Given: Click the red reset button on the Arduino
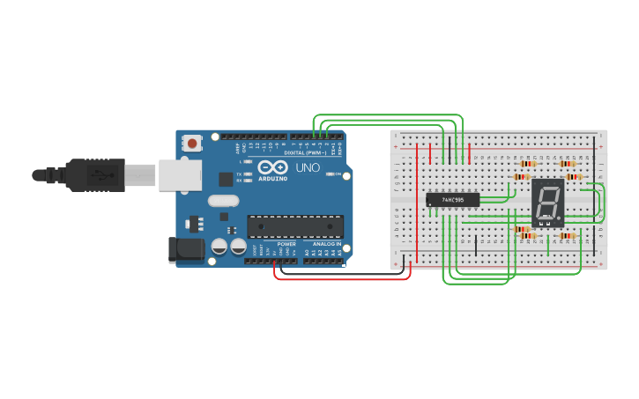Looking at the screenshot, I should click(191, 141).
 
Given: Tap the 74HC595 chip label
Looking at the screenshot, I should click(452, 200).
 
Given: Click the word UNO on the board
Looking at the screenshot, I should click(307, 167).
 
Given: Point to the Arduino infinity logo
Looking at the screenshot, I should click(273, 167).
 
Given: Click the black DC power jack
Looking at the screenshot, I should click(187, 249).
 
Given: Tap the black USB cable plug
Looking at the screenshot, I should click(96, 174).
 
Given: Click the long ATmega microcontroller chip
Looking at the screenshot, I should click(293, 226).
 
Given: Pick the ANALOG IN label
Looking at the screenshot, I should click(325, 244).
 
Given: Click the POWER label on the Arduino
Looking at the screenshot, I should click(286, 244).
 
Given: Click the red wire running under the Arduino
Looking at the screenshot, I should click(344, 279).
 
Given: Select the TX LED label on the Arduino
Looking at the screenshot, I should click(240, 173).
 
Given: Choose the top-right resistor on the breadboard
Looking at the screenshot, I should click(568, 163).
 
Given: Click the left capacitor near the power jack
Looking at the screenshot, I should click(219, 248).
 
